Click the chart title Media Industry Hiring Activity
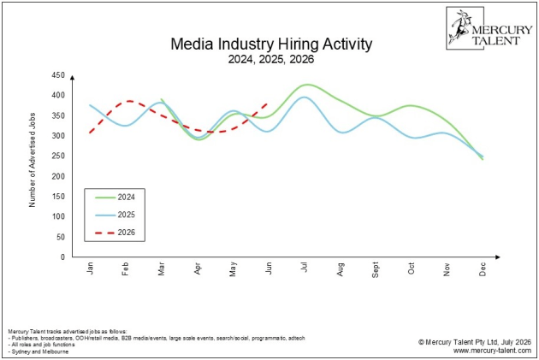[x=271, y=44]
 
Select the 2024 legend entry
[x=115, y=198]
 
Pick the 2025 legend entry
[x=115, y=215]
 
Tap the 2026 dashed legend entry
[x=115, y=233]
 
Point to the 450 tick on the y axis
[x=58, y=75]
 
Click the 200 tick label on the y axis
[x=58, y=176]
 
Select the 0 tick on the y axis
[x=62, y=257]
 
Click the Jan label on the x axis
[x=90, y=269]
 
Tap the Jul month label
[x=304, y=268]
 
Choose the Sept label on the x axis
[x=376, y=269]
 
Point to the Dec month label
[x=483, y=269]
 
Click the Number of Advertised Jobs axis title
[x=33, y=160]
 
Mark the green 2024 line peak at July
[x=306, y=85]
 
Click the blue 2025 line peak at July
[x=304, y=97]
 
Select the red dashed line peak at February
[x=129, y=101]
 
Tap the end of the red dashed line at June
[x=268, y=103]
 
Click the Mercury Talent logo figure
[x=459, y=27]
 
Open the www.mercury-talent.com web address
[x=492, y=351]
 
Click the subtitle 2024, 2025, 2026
[x=271, y=59]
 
